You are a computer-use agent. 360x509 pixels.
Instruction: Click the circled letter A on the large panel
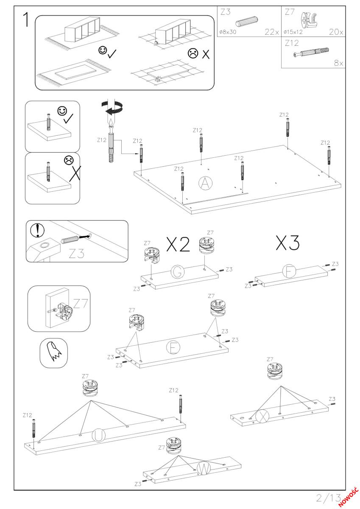206,183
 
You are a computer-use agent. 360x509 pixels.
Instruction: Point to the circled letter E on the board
173,347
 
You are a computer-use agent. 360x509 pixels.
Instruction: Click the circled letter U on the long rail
98,436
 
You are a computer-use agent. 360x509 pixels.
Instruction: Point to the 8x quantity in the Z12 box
338,63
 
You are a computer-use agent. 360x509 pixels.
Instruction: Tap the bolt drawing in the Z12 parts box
311,53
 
